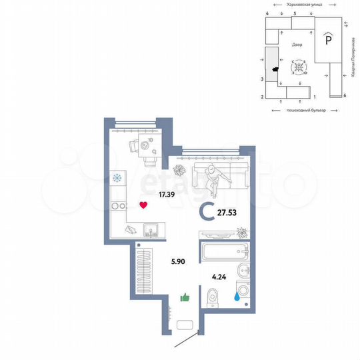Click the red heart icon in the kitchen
[143, 205]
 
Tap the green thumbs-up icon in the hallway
[185, 297]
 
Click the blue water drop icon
[237, 298]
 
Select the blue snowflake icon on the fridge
[118, 178]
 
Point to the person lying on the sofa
[215, 176]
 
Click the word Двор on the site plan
[297, 45]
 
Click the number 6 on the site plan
[345, 96]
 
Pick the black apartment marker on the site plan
[275, 67]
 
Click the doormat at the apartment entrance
[184, 327]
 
